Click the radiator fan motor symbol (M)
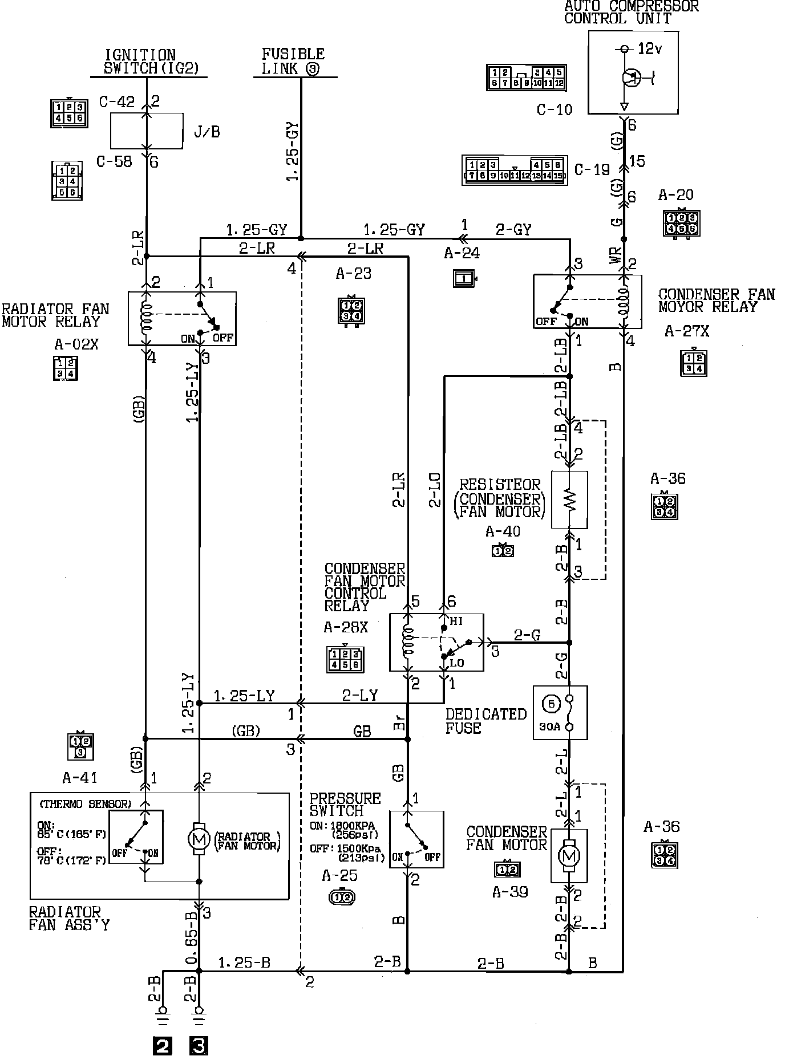coord(199,840)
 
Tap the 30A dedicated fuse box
coord(560,712)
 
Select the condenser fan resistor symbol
coord(570,499)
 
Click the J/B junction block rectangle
coord(147,131)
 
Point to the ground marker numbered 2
coord(163,1046)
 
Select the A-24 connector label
coord(462,253)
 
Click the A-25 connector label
coord(339,875)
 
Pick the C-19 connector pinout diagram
coord(515,170)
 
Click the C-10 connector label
coord(554,109)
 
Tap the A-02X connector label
coord(76,344)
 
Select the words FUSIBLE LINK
coord(293,62)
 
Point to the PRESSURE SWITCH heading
coord(345,804)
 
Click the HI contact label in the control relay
coord(456,622)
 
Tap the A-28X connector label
coord(346,628)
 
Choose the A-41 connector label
coord(80,777)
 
